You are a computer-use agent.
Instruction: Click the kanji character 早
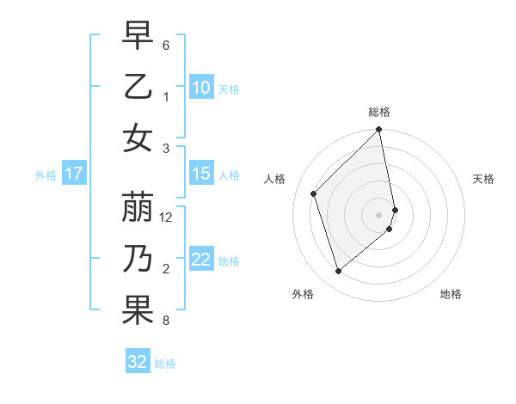point(138,36)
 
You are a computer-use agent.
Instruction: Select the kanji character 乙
point(138,87)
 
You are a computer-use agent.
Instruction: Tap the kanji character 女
point(138,138)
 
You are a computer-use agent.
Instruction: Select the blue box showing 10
point(201,87)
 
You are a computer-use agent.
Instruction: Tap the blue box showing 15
point(201,174)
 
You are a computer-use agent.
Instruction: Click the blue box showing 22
point(201,260)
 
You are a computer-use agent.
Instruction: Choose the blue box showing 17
point(73,174)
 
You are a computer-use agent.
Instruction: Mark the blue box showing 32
point(138,362)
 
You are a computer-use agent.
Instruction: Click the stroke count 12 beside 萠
point(167,217)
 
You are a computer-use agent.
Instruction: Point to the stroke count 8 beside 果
point(166,321)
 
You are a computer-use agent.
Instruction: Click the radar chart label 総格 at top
point(379,112)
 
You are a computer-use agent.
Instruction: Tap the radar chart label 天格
point(484,179)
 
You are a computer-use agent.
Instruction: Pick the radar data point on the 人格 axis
point(314,193)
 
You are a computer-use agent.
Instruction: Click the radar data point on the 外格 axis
point(338,272)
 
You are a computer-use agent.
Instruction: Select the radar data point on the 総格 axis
point(379,131)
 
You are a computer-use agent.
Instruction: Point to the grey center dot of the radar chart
point(379,215)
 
